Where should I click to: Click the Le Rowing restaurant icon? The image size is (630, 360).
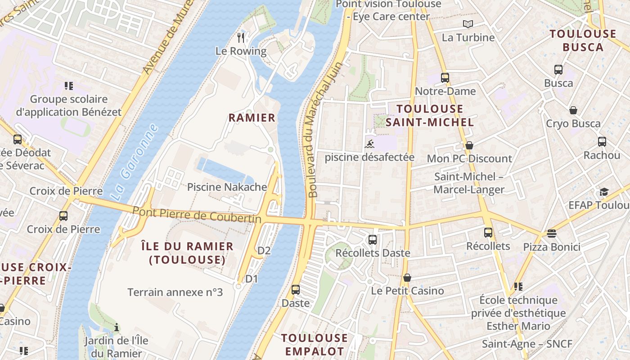(x=241, y=37)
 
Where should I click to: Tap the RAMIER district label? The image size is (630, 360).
(x=252, y=118)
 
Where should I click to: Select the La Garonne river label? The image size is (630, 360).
(x=135, y=162)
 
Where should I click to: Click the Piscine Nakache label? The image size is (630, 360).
(x=227, y=187)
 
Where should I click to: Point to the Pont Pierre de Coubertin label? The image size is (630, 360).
(x=197, y=215)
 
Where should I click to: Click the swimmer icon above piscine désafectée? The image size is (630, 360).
(x=369, y=144)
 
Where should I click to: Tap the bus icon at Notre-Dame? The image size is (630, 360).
(x=445, y=77)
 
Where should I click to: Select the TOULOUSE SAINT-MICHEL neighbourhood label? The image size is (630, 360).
(x=430, y=116)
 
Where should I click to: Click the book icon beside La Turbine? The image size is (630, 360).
(x=468, y=24)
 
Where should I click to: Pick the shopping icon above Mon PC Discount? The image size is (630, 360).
(x=469, y=145)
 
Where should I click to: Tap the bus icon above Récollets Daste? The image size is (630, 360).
(x=373, y=239)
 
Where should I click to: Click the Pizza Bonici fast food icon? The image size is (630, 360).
(x=552, y=233)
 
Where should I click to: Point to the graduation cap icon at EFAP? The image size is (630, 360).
(x=603, y=192)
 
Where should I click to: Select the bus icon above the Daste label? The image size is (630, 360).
(x=296, y=290)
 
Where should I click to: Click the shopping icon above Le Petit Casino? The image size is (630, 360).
(x=407, y=278)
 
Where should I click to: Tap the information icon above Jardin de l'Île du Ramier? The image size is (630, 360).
(x=117, y=327)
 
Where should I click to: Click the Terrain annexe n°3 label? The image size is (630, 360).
(x=175, y=292)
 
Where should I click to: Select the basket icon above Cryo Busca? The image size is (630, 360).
(x=573, y=110)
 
